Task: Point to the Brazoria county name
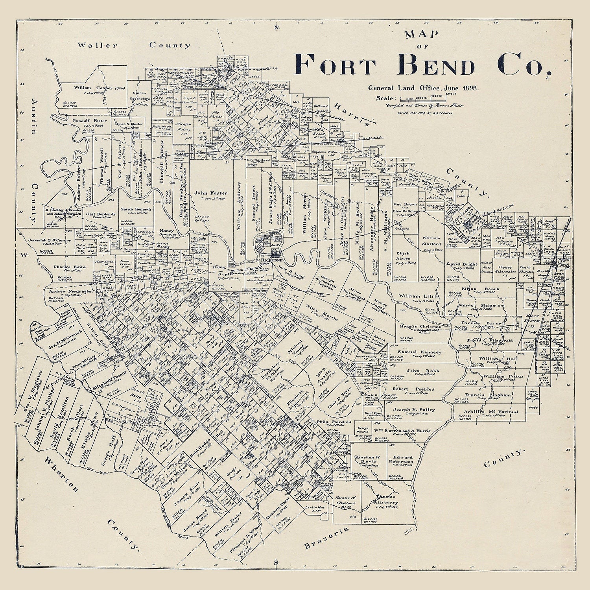coord(326,538)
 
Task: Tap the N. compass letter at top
coord(277,27)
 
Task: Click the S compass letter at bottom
coord(276,562)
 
